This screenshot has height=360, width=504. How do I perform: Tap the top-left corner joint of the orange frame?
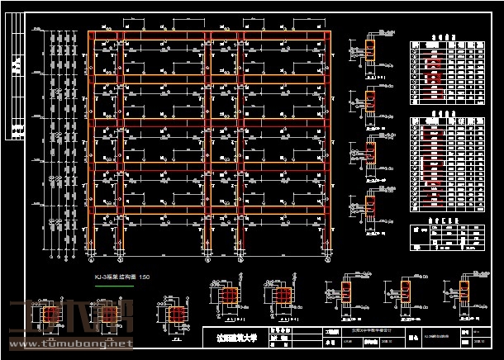click(x=90, y=34)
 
